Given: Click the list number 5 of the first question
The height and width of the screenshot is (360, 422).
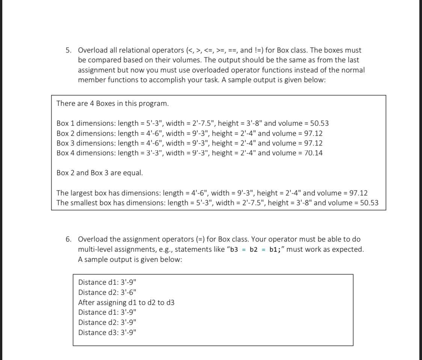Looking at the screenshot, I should tap(68, 50).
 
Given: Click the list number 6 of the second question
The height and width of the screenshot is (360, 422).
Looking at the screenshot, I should tap(68, 239).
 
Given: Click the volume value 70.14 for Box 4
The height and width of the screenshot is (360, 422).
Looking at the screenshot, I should tap(313, 153).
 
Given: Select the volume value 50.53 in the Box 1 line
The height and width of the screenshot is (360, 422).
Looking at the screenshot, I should tap(320, 123).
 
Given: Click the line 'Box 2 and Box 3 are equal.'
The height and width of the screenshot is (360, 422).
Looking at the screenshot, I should tap(99, 173).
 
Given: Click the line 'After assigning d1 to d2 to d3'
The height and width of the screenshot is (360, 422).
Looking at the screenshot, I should tap(126, 302).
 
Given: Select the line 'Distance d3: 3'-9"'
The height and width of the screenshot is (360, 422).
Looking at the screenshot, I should tap(107, 332).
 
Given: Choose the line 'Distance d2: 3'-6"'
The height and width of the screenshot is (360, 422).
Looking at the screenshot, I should tap(107, 292).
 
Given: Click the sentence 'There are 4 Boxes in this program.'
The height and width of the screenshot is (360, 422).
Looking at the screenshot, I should tap(112, 103).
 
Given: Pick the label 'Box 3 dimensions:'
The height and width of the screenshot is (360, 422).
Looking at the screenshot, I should tap(86, 143).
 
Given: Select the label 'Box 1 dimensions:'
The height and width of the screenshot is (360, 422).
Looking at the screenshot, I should tap(86, 123).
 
